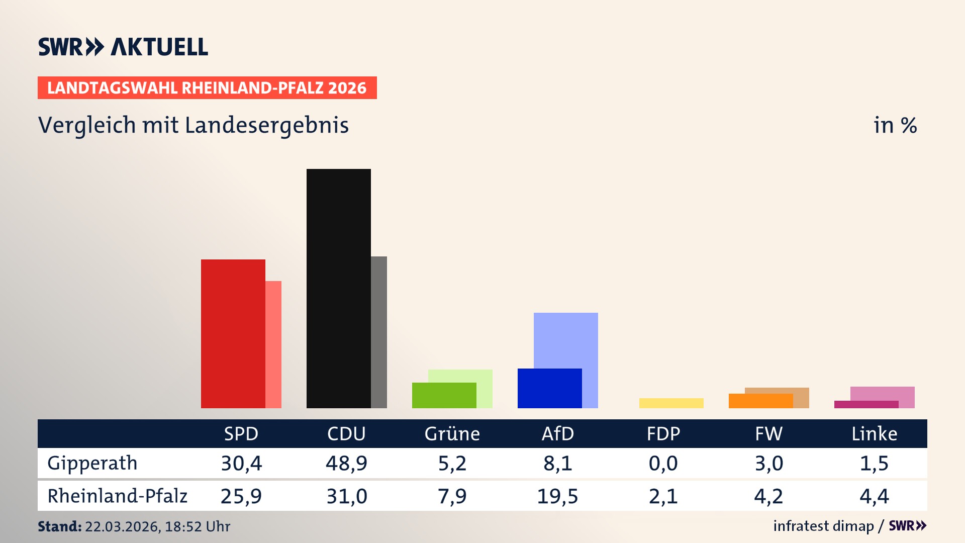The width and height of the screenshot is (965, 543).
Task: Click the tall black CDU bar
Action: coord(338,288)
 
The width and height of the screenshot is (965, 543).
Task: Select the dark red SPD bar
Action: coord(233,333)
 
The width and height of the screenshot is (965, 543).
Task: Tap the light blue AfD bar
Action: coord(566,340)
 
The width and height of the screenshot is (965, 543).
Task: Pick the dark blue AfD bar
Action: coord(549,388)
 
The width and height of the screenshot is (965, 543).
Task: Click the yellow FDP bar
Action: coord(671,403)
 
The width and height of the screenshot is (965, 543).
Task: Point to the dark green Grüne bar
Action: coord(444,395)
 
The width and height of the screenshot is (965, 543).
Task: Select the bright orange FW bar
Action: coord(760,401)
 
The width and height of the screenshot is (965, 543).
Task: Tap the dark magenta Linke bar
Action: coord(866,404)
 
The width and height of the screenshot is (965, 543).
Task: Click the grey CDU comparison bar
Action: coord(379,332)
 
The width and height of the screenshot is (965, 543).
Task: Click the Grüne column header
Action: coord(452,434)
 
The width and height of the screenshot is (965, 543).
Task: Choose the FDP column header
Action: coord(663,434)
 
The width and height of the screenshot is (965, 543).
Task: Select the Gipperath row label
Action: coord(92,463)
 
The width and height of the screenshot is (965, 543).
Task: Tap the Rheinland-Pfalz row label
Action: coord(117,496)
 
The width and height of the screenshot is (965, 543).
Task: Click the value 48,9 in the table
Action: coord(346,463)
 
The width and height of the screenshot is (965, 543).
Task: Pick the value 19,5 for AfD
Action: coord(557,496)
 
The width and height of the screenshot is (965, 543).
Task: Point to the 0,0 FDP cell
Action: coord(663,463)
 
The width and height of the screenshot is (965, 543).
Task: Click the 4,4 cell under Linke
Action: coord(874,496)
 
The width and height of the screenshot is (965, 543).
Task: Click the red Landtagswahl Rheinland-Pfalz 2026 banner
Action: coord(207,88)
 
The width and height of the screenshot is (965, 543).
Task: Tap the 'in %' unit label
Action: coord(895,126)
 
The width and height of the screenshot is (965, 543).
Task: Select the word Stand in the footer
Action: coord(59,526)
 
